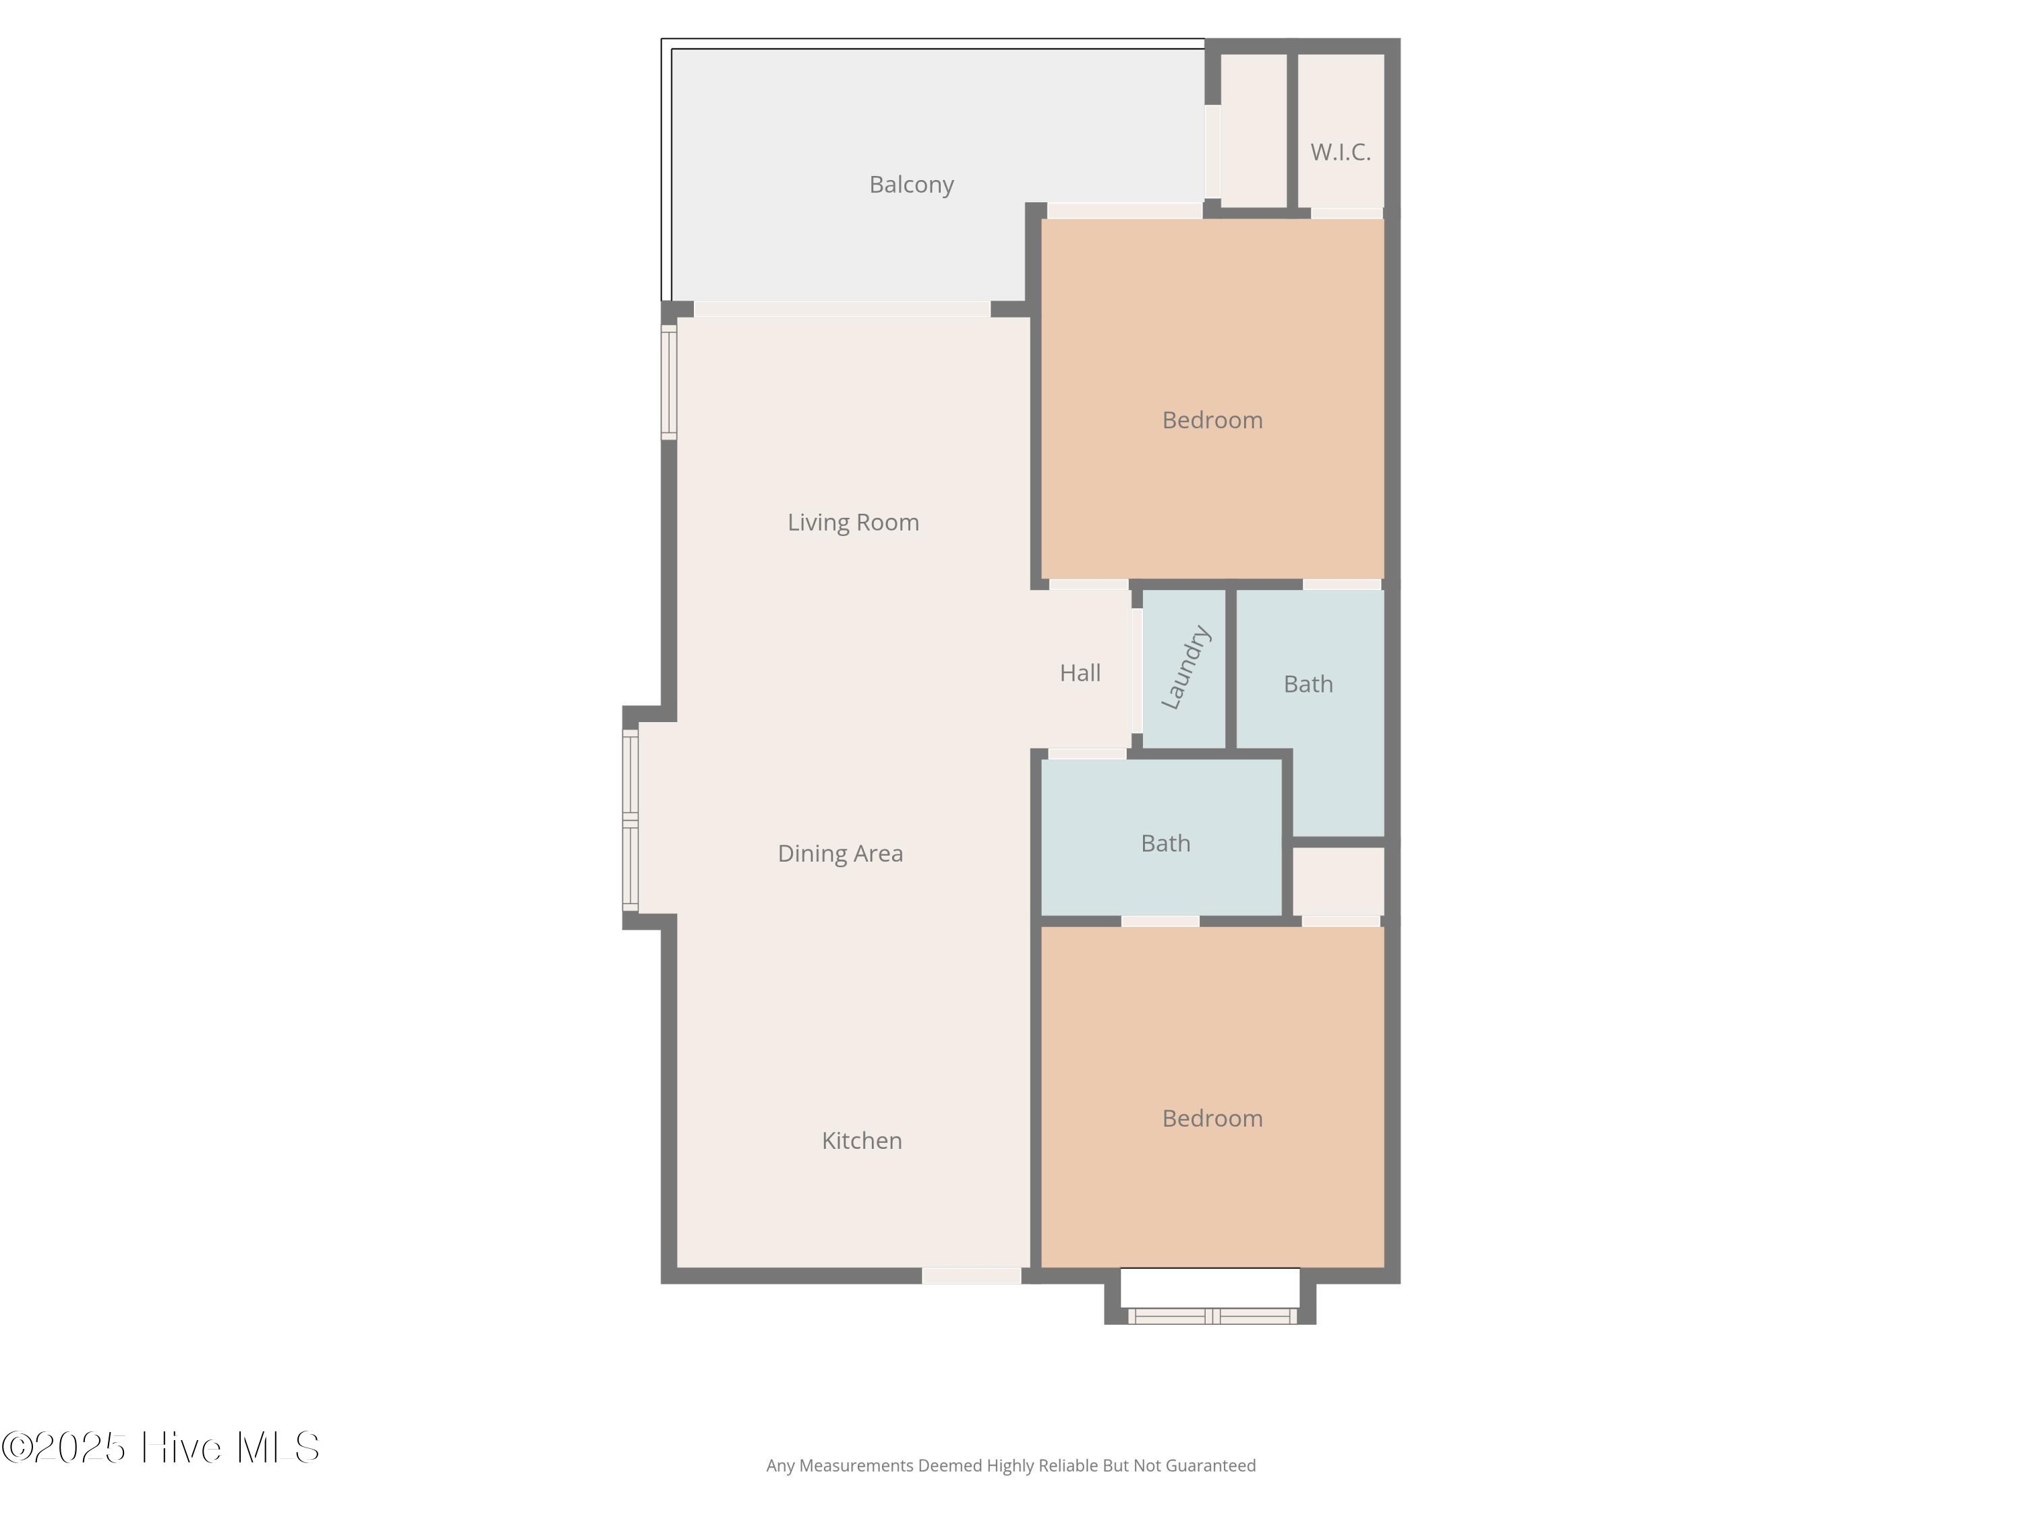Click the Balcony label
[x=911, y=185]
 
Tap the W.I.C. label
[x=1340, y=152]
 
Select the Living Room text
[x=853, y=522]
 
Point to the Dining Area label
[x=840, y=853]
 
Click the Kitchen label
[x=862, y=1140]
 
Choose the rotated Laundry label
[x=1185, y=667]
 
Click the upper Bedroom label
[x=1212, y=420]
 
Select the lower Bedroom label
[x=1212, y=1119]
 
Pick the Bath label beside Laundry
[x=1308, y=684]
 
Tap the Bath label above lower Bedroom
[x=1165, y=843]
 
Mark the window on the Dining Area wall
[x=630, y=821]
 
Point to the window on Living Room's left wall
[x=668, y=382]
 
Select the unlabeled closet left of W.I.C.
[x=1254, y=131]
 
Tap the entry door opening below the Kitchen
[x=971, y=1276]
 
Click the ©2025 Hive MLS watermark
[x=161, y=1448]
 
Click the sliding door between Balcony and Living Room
[x=842, y=309]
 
